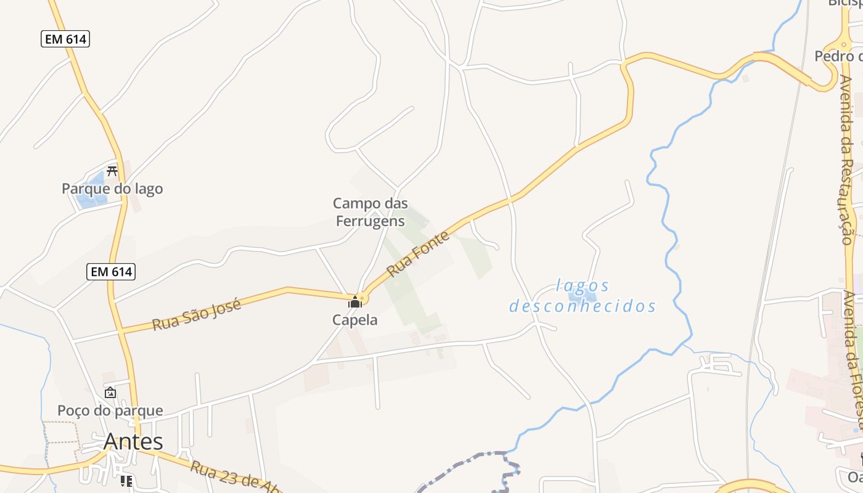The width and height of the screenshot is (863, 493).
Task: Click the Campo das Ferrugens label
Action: tap(370, 212)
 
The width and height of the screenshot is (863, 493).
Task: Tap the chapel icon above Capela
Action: tap(354, 302)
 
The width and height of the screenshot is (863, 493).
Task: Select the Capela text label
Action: tap(354, 320)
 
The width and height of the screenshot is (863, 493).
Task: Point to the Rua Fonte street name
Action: tap(418, 253)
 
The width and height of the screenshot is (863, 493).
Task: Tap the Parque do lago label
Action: tap(112, 189)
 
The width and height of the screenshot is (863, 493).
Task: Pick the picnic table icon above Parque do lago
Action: tap(112, 171)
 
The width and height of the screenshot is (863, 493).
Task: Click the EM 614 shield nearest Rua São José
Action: tap(112, 271)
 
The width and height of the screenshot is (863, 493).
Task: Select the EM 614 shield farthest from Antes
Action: tap(66, 39)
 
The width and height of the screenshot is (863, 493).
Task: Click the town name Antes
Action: tap(133, 441)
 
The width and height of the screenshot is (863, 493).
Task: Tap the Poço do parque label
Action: tap(110, 410)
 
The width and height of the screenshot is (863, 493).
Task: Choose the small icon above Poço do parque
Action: tap(110, 393)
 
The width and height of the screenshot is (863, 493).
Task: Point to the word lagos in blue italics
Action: tap(583, 286)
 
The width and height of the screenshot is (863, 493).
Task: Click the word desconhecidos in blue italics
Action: tap(583, 306)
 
